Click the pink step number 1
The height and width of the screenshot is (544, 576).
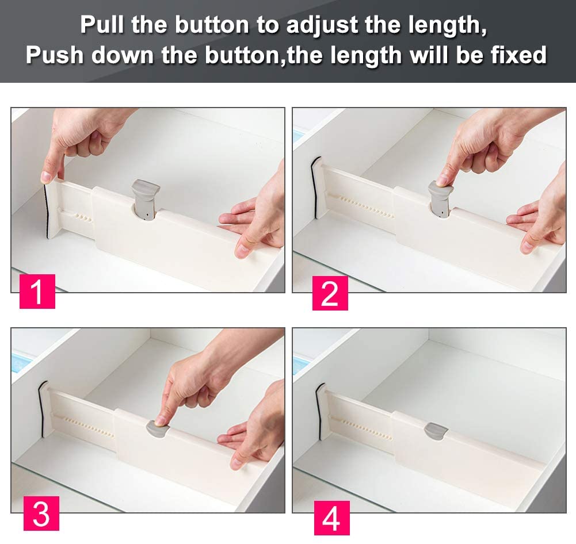37,292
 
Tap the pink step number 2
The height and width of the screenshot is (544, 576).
330,293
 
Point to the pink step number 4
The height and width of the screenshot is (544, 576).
332,518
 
